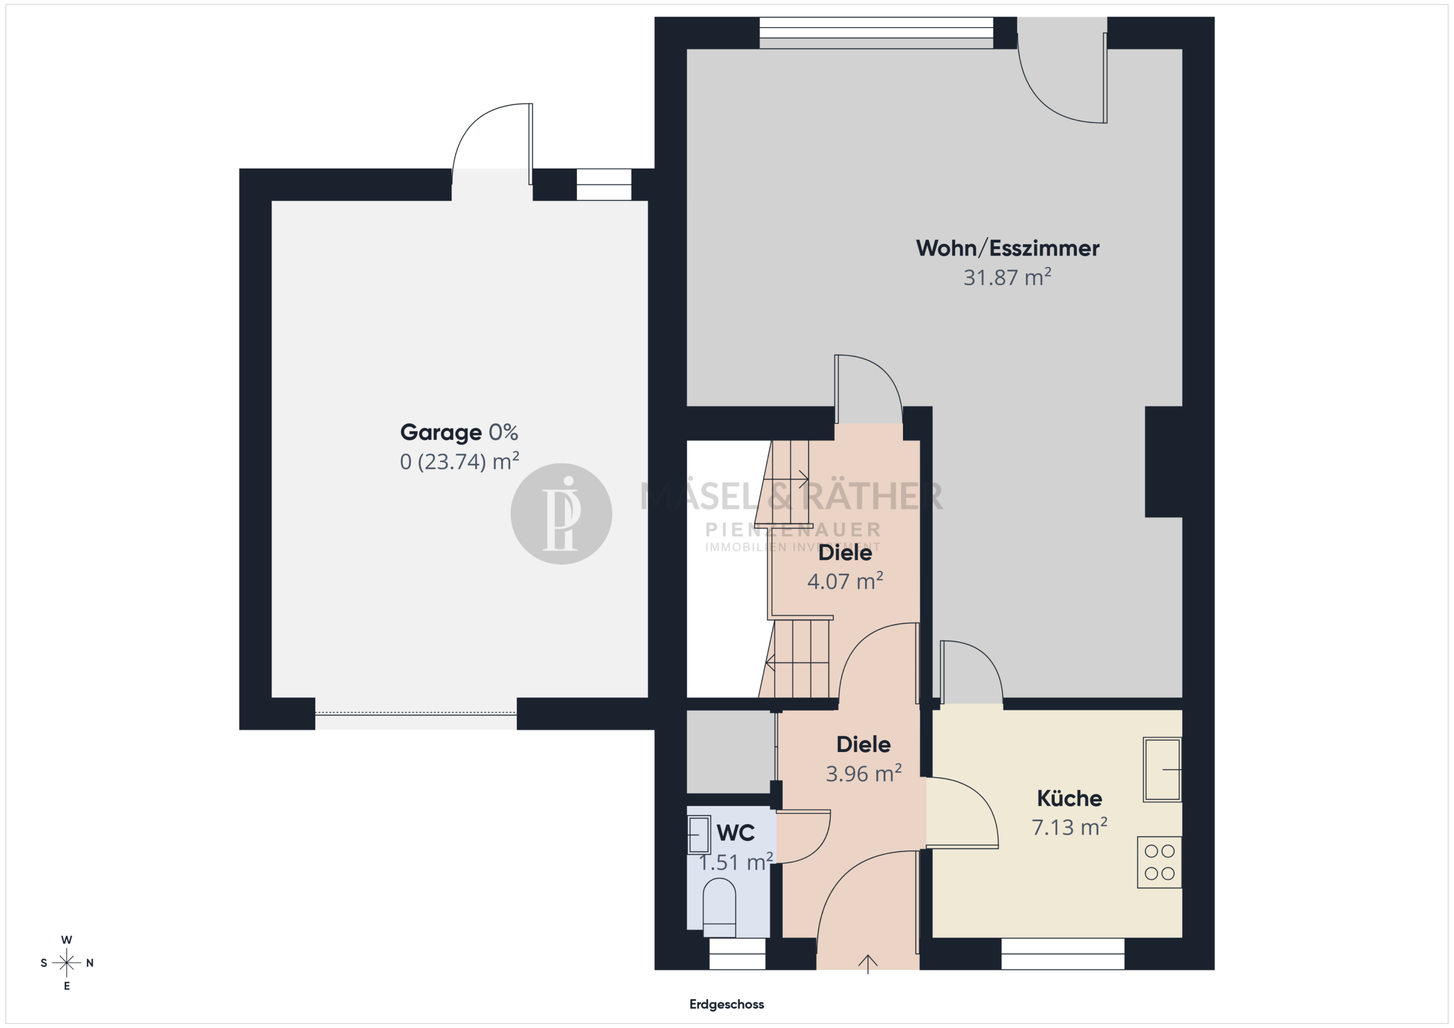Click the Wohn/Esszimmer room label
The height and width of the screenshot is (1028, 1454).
point(1008,248)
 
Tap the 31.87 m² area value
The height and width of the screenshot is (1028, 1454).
point(1008,277)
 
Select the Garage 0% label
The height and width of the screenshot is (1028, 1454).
point(459,433)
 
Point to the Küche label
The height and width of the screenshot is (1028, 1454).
point(1069,798)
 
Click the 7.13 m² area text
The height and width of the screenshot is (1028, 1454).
point(1069,826)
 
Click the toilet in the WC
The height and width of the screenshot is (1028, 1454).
point(720,908)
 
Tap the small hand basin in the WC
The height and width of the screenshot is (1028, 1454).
point(699,835)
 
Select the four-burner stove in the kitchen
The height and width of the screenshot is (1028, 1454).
point(1160,862)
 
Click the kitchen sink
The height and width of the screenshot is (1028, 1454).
point(1162,769)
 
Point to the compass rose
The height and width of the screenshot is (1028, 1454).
point(66,963)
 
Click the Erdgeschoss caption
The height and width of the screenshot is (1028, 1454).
point(726,1004)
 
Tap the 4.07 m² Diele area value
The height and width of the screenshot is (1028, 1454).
point(845,581)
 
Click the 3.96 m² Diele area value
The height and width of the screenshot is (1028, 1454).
point(864,774)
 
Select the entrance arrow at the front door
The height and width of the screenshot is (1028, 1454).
point(868,963)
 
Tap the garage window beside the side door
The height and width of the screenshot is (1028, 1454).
point(604,185)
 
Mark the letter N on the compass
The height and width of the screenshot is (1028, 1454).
point(90,963)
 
